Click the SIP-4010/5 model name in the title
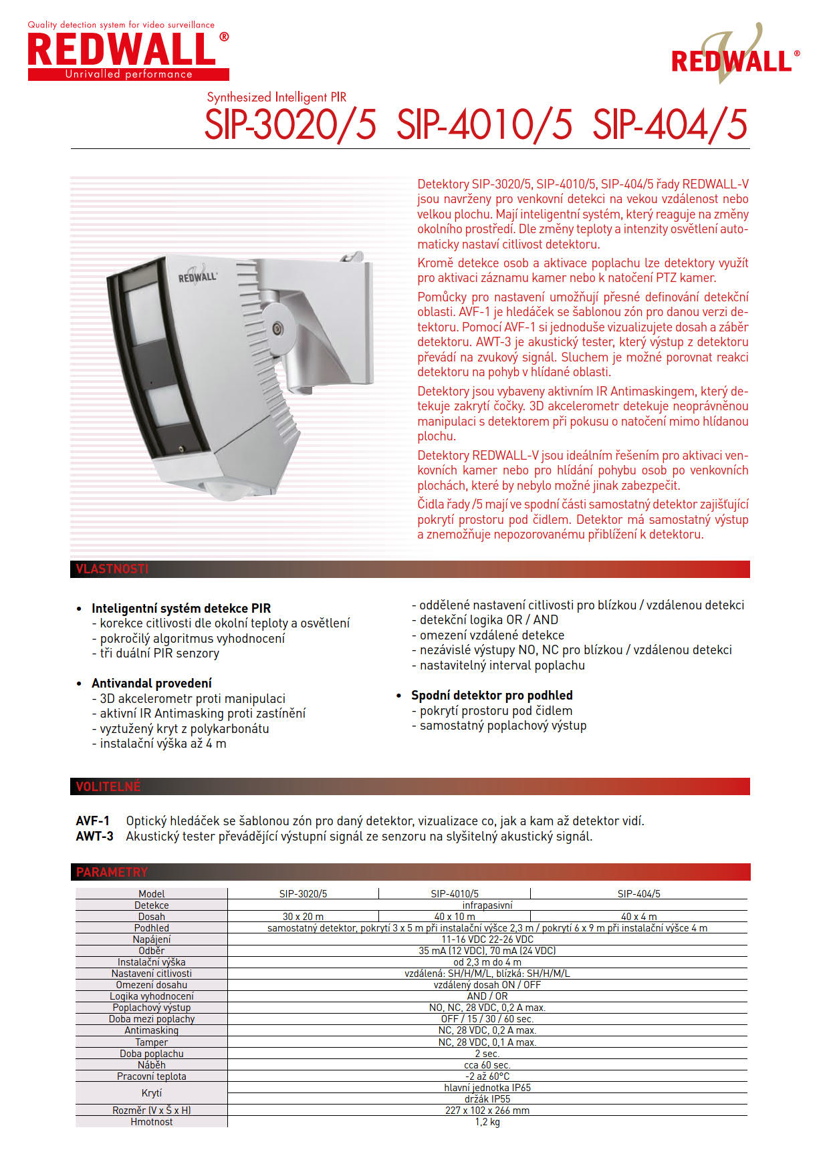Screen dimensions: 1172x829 [484, 125]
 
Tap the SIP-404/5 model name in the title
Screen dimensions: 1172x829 [670, 125]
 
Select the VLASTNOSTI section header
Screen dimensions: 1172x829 [112, 569]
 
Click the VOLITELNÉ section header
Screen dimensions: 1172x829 [108, 786]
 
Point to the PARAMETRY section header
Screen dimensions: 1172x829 [112, 872]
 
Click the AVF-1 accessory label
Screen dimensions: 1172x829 [93, 821]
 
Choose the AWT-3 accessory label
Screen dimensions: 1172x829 [94, 836]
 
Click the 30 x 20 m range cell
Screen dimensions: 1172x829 [303, 917]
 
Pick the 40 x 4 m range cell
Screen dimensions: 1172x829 [638, 917]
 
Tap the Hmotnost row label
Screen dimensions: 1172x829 [152, 1122]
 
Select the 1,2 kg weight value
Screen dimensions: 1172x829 [487, 1122]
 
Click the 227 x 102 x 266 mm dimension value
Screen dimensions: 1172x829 [487, 1111]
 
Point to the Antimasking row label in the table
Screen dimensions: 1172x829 [152, 1030]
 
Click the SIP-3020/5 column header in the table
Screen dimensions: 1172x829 [303, 893]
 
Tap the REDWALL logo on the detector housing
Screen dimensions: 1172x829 [197, 276]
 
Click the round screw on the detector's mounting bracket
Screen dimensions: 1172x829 [275, 327]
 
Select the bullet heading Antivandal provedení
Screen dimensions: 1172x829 [152, 683]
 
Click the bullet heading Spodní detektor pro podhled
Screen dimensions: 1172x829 [491, 695]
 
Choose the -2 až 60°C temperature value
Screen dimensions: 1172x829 [487, 1076]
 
